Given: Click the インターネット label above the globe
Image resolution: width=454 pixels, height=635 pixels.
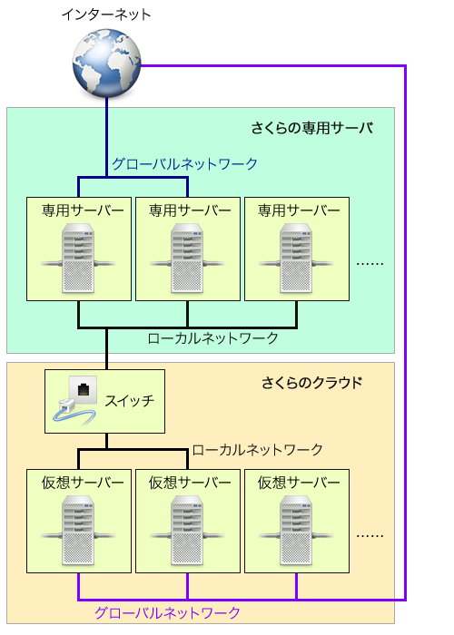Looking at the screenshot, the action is tap(106, 15).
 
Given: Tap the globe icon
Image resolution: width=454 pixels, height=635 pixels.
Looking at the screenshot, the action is tap(107, 63).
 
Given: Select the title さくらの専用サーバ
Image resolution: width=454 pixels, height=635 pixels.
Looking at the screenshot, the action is tap(312, 128).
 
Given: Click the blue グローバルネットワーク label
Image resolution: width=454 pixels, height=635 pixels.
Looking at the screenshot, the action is tap(185, 164).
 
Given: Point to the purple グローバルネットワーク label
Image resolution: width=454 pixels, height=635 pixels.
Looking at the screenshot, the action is tap(167, 612).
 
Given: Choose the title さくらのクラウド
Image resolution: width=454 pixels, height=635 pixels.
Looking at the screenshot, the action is tap(311, 383).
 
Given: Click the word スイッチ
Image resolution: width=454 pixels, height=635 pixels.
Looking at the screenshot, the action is tap(130, 401).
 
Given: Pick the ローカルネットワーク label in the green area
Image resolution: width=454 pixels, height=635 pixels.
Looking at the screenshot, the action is tap(212, 338).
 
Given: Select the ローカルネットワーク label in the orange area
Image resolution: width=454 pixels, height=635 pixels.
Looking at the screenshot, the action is tap(257, 450).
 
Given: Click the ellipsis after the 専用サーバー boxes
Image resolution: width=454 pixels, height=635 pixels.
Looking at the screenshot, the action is tap(370, 264).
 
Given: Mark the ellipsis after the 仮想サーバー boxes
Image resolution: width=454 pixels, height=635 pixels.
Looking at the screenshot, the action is tap(370, 536).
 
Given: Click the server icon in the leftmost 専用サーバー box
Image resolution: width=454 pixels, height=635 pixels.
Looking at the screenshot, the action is tap(78, 258).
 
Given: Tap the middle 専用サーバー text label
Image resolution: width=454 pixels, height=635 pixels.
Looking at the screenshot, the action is tap(190, 210).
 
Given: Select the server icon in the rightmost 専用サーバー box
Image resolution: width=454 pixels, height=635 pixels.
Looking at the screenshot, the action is tap(296, 258).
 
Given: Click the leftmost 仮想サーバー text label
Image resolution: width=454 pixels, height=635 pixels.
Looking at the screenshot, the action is tap(83, 483).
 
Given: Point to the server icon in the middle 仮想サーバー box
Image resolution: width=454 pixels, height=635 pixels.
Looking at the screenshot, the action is tap(187, 530).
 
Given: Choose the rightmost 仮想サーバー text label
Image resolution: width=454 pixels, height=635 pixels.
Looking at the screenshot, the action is tap(299, 483).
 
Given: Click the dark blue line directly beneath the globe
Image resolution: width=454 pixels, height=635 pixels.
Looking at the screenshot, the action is tap(107, 137).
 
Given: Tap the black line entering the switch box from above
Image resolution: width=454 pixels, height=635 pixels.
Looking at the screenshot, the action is tap(107, 349).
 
